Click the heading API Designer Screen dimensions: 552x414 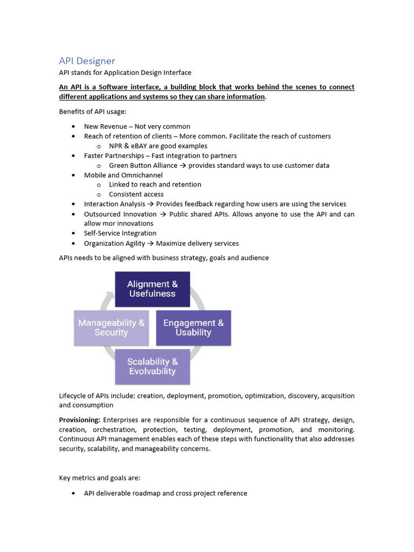[87, 61]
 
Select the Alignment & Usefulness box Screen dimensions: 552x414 [152, 289]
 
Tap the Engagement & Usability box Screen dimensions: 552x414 [193, 328]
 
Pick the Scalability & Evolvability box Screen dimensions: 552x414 [152, 367]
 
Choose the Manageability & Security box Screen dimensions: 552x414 [111, 328]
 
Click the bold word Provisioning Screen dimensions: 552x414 [79, 419]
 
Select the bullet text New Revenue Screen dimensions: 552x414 [106, 127]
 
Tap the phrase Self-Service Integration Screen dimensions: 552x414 [120, 233]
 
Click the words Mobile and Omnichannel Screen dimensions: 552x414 [123, 175]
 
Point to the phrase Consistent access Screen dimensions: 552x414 [136, 194]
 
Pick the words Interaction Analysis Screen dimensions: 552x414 [114, 204]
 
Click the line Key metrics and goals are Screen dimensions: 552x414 [99, 478]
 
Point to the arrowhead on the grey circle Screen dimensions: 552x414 [111, 295]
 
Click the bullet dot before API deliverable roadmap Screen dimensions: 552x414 [73, 493]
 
